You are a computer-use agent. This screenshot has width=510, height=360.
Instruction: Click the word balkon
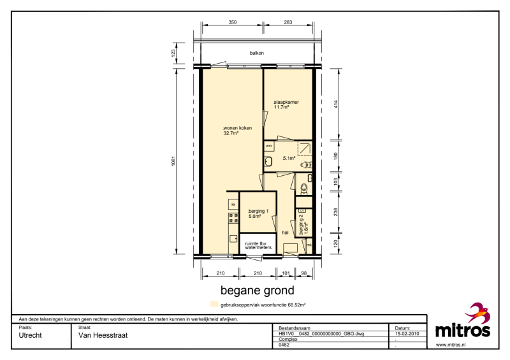point(257,53)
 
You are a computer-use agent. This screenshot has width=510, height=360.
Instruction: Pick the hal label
point(285,233)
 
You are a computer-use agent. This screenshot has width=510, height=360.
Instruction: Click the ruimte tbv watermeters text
point(258,245)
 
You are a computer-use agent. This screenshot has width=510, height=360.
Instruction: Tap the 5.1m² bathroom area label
point(289,159)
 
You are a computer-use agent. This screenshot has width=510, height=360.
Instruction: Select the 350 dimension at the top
point(233,22)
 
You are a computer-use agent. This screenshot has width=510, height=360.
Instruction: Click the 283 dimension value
point(288,22)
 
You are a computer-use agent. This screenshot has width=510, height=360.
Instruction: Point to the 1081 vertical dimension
point(173,162)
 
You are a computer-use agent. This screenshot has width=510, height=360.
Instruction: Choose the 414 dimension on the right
point(336,104)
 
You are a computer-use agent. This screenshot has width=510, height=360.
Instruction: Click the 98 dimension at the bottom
point(304,273)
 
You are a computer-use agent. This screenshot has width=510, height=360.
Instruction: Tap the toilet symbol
point(304,189)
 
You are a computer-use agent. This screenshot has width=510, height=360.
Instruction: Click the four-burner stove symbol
point(233,218)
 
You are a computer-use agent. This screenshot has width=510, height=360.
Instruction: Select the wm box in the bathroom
point(269,146)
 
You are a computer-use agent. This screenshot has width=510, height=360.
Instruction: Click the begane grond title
point(258,290)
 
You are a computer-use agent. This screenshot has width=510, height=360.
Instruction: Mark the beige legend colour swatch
point(214,305)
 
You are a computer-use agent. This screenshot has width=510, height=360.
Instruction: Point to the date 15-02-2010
point(407,334)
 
